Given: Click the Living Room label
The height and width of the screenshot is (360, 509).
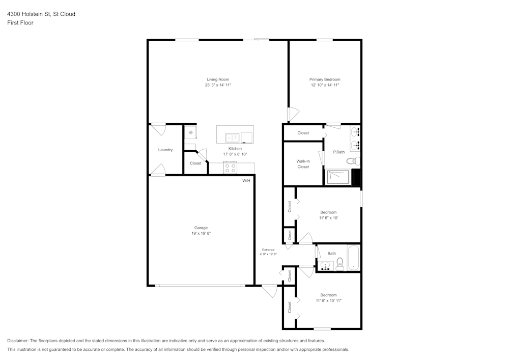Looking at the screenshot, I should pyautogui.click(x=217, y=79).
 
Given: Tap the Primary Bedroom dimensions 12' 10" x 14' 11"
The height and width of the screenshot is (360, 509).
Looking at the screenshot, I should pyautogui.click(x=325, y=86).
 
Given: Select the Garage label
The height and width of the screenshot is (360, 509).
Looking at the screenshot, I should pyautogui.click(x=201, y=228).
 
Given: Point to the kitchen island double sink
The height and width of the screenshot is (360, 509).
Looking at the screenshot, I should pyautogui.click(x=233, y=137).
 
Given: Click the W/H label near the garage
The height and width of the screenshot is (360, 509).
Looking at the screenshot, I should pyautogui.click(x=246, y=181).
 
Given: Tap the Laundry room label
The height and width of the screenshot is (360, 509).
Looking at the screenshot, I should pyautogui.click(x=165, y=150).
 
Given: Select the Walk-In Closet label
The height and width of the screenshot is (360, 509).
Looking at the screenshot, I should pyautogui.click(x=303, y=164).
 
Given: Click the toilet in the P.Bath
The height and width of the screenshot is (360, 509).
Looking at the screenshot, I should pyautogui.click(x=353, y=161).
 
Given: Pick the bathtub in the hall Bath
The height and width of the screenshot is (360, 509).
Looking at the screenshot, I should pyautogui.click(x=354, y=258).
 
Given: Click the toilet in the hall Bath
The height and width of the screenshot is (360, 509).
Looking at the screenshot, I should pyautogui.click(x=340, y=263).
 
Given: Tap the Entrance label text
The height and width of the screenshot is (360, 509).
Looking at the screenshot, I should pyautogui.click(x=268, y=250).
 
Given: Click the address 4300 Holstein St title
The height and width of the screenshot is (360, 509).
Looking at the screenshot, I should pyautogui.click(x=41, y=14).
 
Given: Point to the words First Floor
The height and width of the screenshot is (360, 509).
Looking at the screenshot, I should pyautogui.click(x=20, y=23).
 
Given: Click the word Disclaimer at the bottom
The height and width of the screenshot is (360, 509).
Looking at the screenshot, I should pyautogui.click(x=18, y=341).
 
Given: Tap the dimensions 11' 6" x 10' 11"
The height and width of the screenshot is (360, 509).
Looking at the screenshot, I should pyautogui.click(x=328, y=301).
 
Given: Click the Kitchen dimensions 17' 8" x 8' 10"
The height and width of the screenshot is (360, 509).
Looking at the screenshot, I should pyautogui.click(x=235, y=154).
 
